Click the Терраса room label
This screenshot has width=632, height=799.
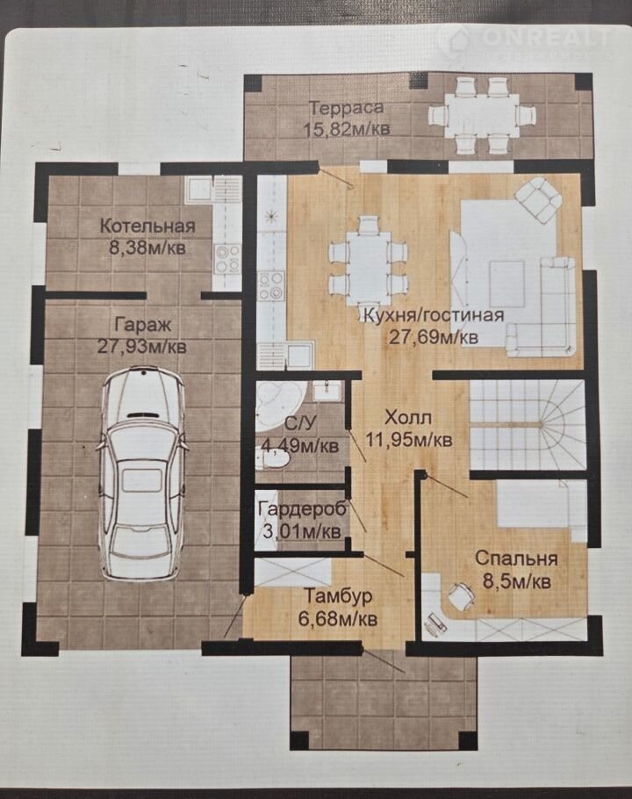pos(347,108)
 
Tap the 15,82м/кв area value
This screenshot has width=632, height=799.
pos(347,129)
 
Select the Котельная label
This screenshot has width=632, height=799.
pos(147,226)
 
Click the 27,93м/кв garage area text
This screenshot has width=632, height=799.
pos(142,347)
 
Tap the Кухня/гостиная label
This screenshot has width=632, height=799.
pos(433,315)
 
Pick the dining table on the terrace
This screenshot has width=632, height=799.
pos(482,116)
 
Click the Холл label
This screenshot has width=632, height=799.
pos(408,418)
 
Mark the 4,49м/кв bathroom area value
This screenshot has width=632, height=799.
pos(300,446)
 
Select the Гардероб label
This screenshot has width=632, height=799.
pos(302,508)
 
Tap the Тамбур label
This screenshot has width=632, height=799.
pos(338,596)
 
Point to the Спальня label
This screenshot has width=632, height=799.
pos(516,558)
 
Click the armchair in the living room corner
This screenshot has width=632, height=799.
pos(537,199)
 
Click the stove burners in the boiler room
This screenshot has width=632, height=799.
pos(227,259)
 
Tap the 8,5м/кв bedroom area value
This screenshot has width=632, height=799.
pos(516,581)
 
